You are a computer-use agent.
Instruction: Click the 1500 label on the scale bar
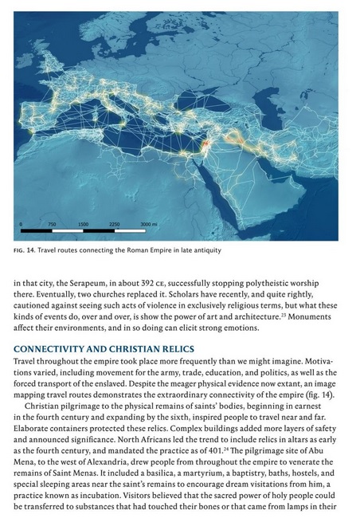(83, 224)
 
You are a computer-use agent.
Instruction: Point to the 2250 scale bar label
(113, 224)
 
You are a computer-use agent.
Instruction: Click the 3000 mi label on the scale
(149, 224)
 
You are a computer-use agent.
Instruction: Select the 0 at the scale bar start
(22, 224)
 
